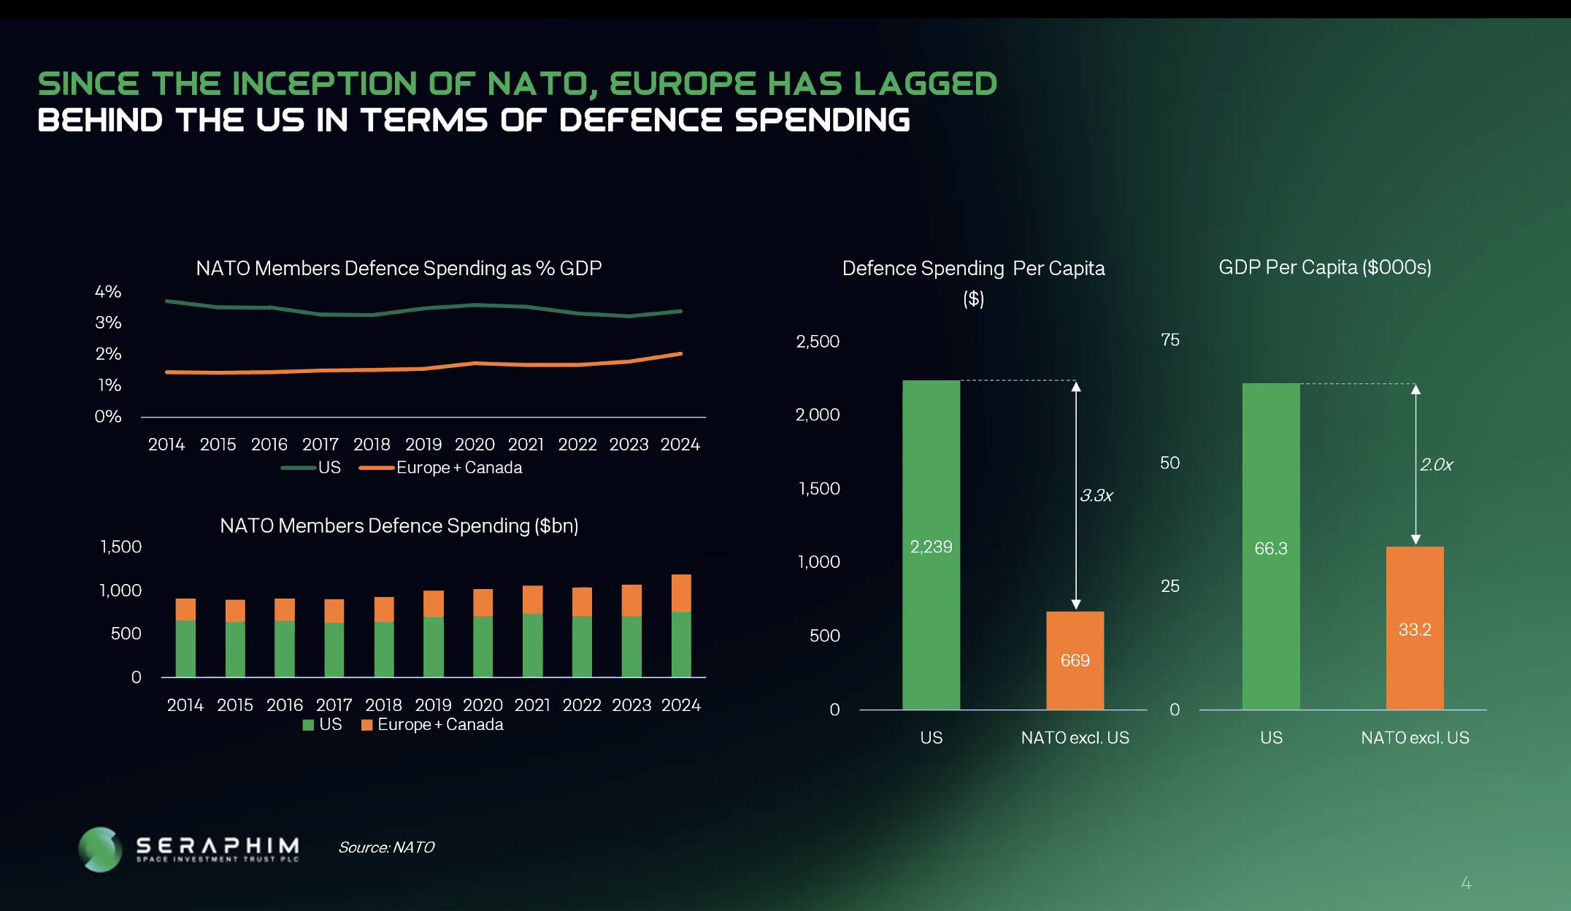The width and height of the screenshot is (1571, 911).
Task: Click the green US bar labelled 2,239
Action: coord(931,545)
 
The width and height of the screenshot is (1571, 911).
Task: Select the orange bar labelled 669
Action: coord(1075,661)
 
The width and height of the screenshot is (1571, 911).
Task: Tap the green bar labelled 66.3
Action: coord(1271,546)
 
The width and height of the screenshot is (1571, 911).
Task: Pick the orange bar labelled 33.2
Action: coord(1415,628)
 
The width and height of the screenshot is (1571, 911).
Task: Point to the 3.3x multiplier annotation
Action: coord(1096,496)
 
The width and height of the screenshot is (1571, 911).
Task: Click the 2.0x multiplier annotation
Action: coord(1436,465)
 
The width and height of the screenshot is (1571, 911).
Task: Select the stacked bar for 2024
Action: coord(681,626)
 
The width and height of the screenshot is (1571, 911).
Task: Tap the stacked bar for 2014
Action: coord(185,638)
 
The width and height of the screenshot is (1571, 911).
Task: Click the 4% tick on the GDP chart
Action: coord(108,292)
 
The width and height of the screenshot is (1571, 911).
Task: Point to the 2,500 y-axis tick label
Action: coord(818,342)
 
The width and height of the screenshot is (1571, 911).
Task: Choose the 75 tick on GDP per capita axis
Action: coord(1170,340)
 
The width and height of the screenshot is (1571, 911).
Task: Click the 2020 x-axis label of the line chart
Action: coord(475,445)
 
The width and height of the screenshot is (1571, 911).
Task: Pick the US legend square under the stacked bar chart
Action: coord(308,725)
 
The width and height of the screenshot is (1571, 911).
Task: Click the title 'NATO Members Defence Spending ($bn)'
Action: coord(399,526)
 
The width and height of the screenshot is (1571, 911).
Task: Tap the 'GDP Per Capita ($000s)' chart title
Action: coord(1325,268)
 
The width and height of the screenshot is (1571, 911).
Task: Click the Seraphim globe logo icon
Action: coord(100,849)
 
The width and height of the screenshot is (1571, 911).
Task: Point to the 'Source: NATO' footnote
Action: coord(386,847)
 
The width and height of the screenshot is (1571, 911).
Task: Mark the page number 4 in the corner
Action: coord(1466,883)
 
